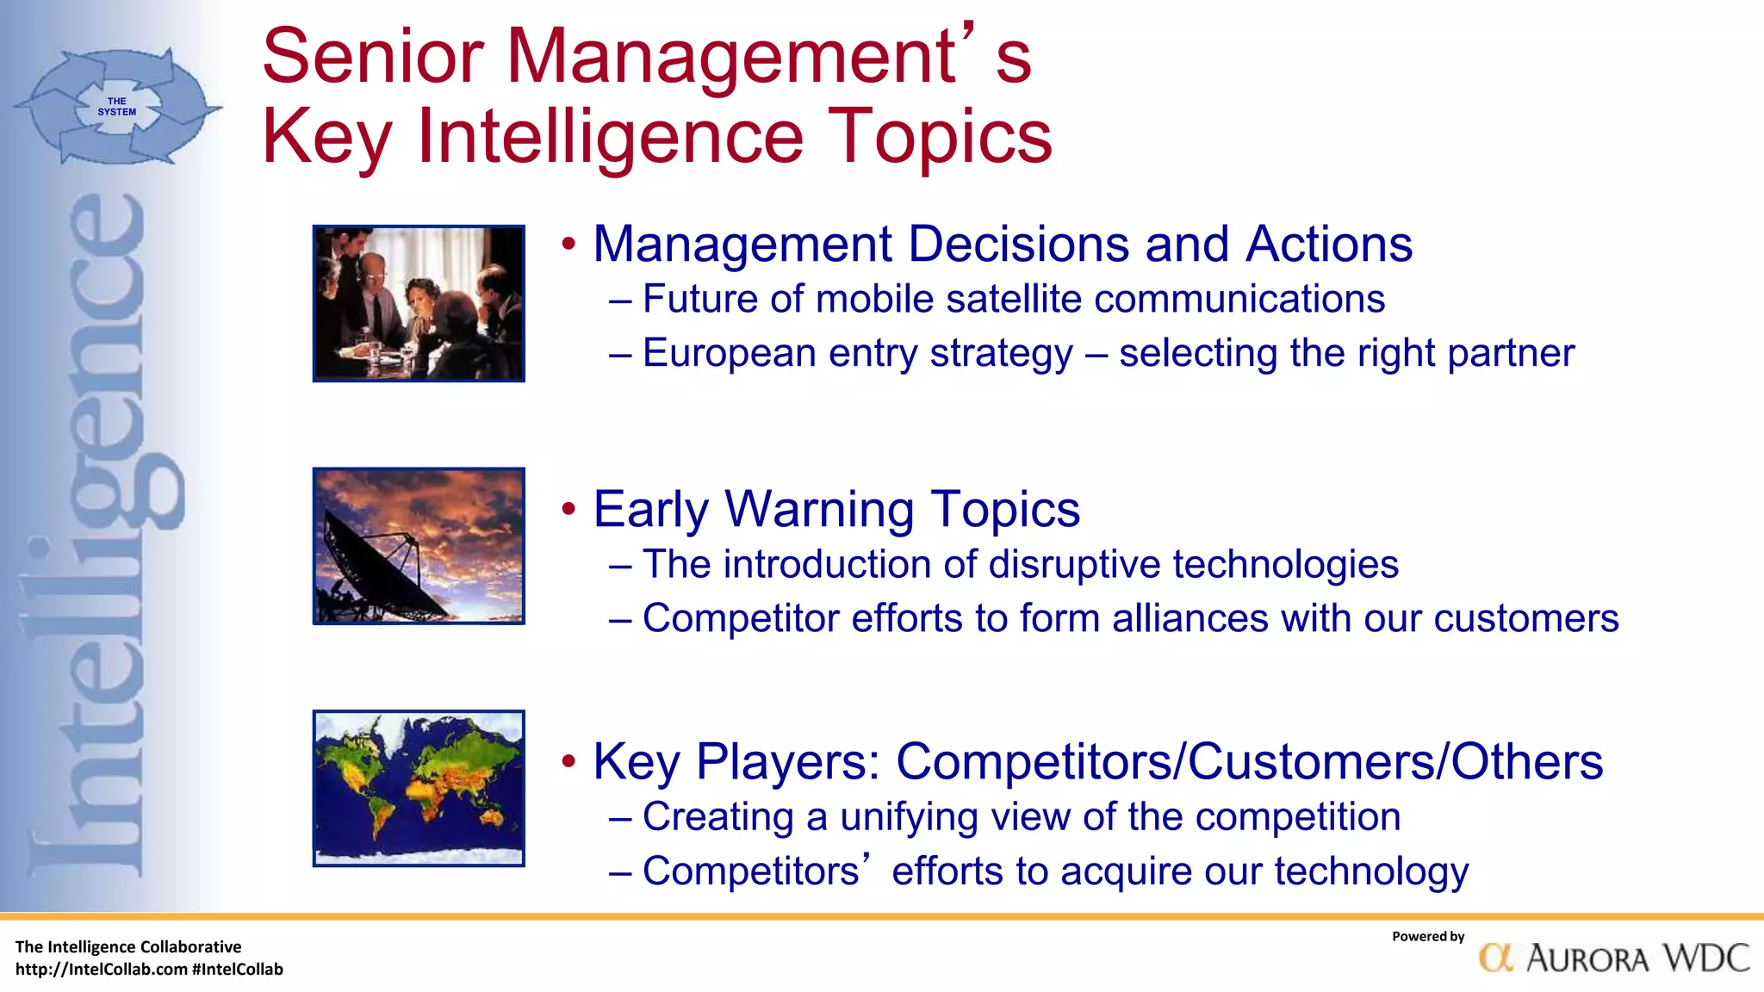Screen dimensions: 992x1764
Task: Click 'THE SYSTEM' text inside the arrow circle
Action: pos(117,107)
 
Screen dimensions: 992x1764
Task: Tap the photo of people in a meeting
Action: pos(419,303)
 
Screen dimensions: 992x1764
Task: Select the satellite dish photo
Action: pos(419,546)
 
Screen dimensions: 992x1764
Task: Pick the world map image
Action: pos(419,788)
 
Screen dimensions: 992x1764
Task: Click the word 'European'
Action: pos(730,354)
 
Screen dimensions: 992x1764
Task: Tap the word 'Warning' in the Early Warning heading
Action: pos(818,509)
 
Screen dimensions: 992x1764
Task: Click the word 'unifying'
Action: pos(912,817)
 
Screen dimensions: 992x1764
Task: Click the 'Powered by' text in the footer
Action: pos(1427,937)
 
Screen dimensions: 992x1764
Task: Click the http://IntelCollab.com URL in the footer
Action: pos(102,970)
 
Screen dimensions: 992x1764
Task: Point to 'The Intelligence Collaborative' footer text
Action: pos(128,947)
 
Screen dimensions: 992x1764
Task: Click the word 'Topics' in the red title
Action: pos(940,136)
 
